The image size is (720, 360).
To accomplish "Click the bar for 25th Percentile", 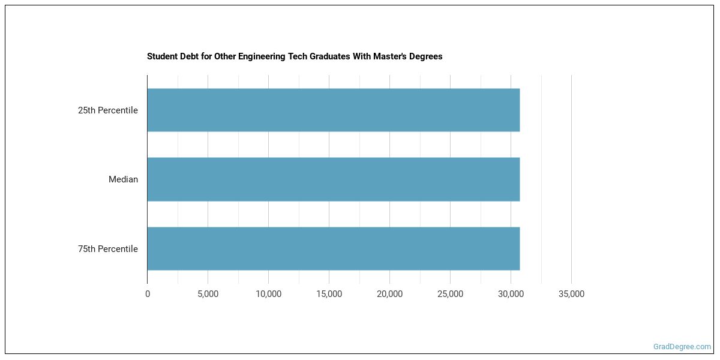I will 333,110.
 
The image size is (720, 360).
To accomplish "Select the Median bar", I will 333,179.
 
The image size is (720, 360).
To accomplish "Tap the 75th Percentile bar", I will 333,248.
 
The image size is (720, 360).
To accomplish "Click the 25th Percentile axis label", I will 108,110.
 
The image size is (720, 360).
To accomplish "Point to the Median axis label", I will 123,179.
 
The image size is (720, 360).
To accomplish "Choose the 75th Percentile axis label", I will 108,249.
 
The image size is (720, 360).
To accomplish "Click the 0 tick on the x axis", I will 148,294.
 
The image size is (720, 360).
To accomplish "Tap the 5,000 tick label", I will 208,294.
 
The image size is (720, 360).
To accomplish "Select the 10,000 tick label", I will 268,294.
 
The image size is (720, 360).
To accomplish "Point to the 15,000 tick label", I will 329,294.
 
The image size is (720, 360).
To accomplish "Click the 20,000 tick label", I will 389,294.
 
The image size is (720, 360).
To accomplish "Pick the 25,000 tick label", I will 450,294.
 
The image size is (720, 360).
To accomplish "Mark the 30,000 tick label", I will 511,294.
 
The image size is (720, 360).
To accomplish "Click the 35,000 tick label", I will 571,294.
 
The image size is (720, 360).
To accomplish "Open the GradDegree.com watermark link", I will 682,347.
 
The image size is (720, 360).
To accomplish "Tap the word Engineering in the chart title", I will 253,56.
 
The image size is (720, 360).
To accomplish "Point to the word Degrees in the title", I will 427,56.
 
